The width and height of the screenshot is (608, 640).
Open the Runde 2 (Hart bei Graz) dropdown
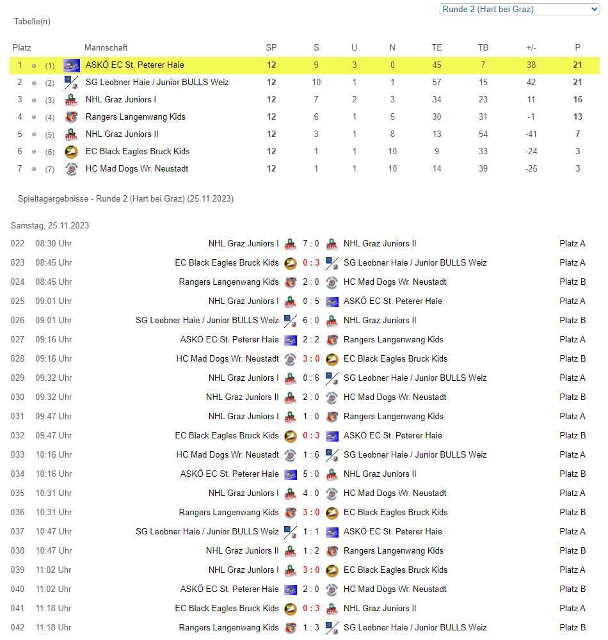pos(519,9)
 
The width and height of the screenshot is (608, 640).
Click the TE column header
pos(437,47)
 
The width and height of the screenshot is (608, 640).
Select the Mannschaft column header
pos(106,47)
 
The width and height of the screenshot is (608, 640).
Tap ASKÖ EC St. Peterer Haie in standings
pos(135,65)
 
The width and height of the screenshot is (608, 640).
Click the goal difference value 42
pos(531,82)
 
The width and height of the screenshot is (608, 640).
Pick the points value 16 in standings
pos(578,99)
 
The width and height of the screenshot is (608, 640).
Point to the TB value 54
pos(483,134)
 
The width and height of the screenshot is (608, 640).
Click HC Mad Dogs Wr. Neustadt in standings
pos(137,168)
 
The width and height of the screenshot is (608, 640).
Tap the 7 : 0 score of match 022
pos(311,243)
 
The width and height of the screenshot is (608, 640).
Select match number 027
pos(17,339)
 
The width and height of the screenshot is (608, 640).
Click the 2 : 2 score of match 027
pos(311,339)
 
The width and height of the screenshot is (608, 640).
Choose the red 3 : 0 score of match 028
pos(311,358)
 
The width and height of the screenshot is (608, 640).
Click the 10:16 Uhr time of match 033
pos(54,454)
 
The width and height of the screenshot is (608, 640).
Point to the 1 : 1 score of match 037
pos(311,531)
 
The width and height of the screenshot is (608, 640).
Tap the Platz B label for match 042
pos(572,627)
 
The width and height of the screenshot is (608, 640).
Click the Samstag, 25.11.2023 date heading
pos(50,225)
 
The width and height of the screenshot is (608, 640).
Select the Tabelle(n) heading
pos(32,21)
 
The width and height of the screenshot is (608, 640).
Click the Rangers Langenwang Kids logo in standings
pos(71,116)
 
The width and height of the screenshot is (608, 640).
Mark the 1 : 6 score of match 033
pos(311,454)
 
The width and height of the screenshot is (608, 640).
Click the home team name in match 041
pos(227,608)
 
